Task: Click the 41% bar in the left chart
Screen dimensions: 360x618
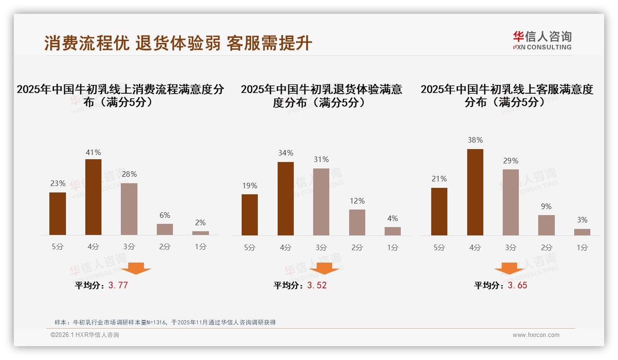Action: coord(93,197)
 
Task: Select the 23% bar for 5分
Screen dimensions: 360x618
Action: coord(58,214)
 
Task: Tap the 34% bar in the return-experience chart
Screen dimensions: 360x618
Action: coord(285,198)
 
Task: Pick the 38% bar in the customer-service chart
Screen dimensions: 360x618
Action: coord(475,192)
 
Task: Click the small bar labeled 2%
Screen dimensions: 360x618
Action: coord(201,233)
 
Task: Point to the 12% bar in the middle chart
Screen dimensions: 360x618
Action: coord(357,222)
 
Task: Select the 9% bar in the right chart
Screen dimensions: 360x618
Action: coord(546,225)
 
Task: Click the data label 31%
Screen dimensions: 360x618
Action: coord(321,159)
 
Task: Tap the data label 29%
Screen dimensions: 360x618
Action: coord(511,161)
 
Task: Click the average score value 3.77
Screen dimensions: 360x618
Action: coord(118,285)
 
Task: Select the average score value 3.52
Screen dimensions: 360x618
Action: coord(317,285)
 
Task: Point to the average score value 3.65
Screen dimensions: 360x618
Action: coord(517,285)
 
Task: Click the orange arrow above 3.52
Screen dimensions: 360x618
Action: coord(325,268)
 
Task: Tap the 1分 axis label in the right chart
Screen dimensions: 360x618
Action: coord(582,247)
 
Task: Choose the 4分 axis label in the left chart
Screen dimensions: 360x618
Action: coord(93,247)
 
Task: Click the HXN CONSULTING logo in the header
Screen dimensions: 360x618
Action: coord(542,41)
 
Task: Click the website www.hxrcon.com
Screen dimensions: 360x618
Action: coord(536,335)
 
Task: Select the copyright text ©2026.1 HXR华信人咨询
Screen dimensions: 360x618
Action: coord(85,335)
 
